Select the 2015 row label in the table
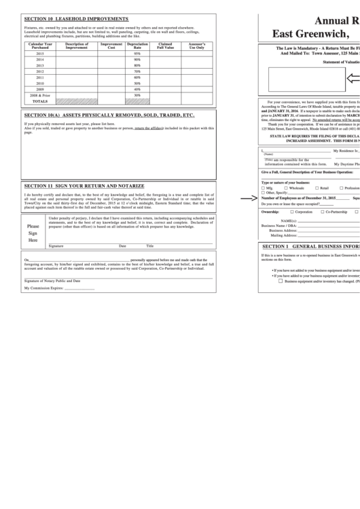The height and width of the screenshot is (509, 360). [x=40, y=53]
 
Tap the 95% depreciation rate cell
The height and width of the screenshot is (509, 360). [x=137, y=53]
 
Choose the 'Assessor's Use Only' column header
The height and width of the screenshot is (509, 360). [x=196, y=46]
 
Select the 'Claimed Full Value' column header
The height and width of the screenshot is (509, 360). [x=165, y=46]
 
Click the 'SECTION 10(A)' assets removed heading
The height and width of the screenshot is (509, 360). [x=109, y=116]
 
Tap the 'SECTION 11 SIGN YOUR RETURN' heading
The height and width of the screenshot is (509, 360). [x=84, y=185]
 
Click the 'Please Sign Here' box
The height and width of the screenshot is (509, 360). [x=33, y=233]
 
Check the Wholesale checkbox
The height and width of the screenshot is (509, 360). [x=285, y=188]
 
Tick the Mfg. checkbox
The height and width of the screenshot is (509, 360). [x=264, y=188]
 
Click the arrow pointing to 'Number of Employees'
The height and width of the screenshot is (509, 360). [x=248, y=198]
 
